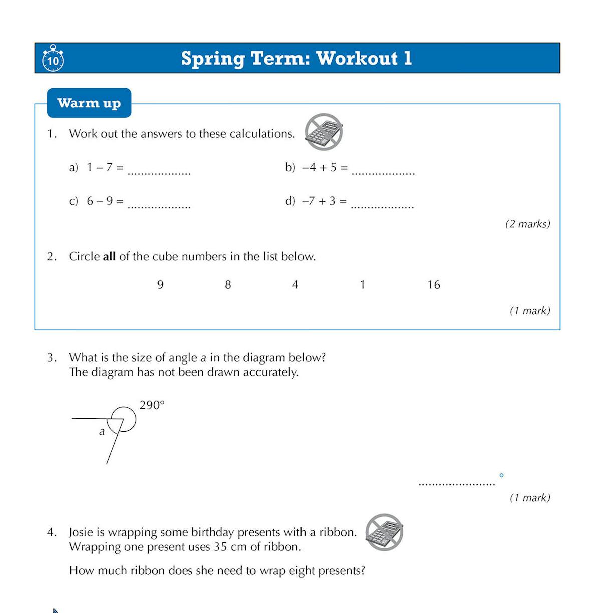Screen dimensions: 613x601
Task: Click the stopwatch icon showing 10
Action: click(x=53, y=59)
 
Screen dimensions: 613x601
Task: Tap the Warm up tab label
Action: click(x=89, y=103)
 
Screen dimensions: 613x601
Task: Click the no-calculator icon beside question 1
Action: click(x=324, y=132)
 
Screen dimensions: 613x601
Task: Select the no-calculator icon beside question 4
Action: click(x=384, y=532)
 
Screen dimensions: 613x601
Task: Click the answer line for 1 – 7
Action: click(x=159, y=173)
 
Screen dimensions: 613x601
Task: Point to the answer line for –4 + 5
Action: click(x=383, y=173)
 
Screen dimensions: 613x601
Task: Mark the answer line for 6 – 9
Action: click(x=159, y=206)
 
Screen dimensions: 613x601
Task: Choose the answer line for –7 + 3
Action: click(x=383, y=206)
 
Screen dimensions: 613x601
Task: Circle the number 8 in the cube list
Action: click(x=228, y=285)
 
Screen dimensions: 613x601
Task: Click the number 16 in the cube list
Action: click(x=434, y=285)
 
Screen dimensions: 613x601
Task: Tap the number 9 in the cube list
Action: click(x=160, y=285)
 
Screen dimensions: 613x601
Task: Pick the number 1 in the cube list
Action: click(x=362, y=285)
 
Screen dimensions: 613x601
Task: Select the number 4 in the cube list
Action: click(x=295, y=285)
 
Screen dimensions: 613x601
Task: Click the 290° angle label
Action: click(x=152, y=405)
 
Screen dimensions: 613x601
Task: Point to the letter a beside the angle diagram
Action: click(x=102, y=432)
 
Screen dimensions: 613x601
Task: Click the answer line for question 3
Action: click(x=456, y=483)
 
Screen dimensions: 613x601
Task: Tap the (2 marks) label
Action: click(x=527, y=224)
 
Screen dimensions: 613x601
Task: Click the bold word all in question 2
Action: click(x=109, y=257)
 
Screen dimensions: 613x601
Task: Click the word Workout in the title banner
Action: click(x=357, y=58)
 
